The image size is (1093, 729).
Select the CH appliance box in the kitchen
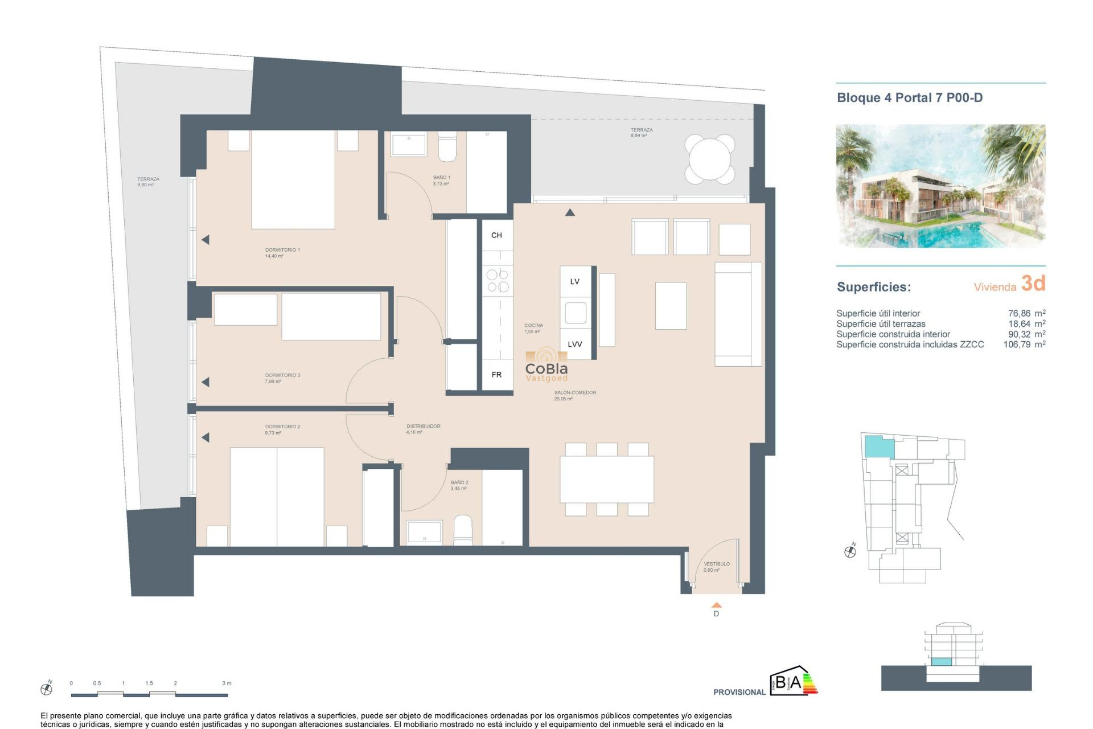point(496,235)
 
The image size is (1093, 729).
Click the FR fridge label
point(496,375)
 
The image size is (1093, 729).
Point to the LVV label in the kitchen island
point(575,344)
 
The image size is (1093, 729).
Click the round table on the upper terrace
point(709,159)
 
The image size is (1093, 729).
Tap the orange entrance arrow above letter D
point(716,605)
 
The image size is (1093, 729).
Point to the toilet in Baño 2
point(463,530)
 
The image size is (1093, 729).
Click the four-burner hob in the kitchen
point(497,281)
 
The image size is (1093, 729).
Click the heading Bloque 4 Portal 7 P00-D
point(909,97)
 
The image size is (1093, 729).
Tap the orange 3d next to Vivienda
point(1033,283)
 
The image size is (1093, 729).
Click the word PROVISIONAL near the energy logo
point(739,692)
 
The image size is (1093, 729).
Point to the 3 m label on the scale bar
point(227,683)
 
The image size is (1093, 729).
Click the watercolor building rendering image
point(940,186)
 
